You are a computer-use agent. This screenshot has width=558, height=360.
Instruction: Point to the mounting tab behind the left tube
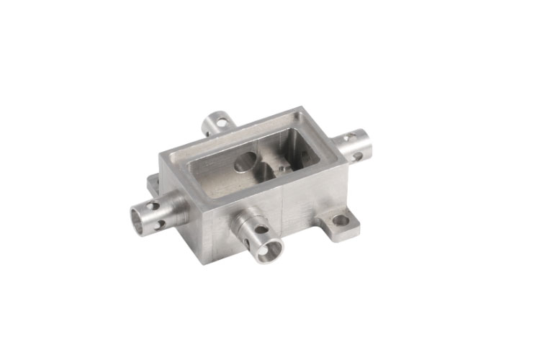tap(152, 182)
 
